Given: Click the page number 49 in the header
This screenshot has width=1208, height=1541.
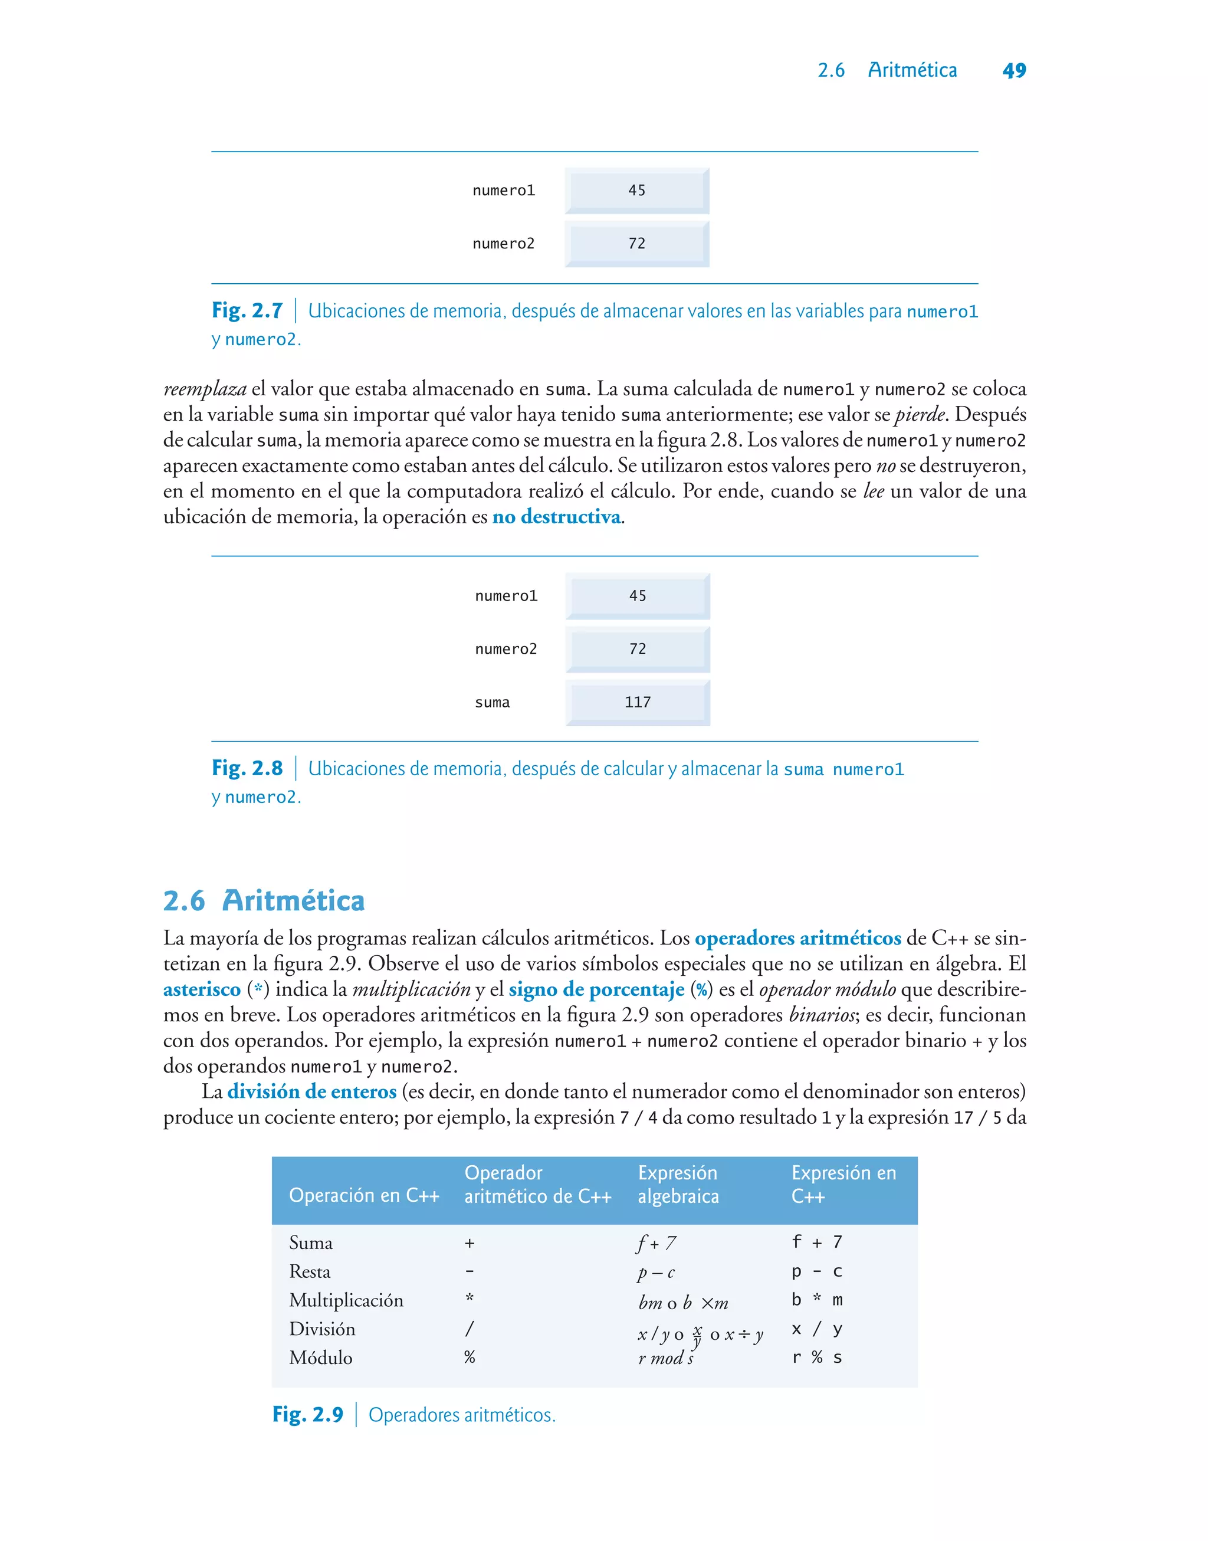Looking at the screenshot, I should [x=1013, y=71].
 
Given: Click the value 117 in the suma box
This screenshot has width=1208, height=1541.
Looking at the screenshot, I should [x=637, y=702].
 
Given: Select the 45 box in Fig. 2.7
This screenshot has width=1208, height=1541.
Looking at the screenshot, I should [x=636, y=190].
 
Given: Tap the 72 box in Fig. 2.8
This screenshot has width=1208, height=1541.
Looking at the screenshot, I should [x=637, y=649].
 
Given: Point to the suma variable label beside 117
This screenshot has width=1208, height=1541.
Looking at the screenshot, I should [x=493, y=702].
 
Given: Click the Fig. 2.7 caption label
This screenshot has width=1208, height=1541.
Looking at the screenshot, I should [x=247, y=310].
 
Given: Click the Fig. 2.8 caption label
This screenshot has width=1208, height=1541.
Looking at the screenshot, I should [x=247, y=768].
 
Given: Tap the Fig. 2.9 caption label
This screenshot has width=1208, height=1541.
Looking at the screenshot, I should [x=308, y=1414].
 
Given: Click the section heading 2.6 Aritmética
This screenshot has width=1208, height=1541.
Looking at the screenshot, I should [x=264, y=901].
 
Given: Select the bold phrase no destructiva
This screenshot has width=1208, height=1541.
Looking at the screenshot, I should [x=557, y=517].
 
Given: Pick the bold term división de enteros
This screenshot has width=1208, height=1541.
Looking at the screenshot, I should [x=311, y=1092].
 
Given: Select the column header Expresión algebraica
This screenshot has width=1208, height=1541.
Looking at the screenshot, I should [x=678, y=1185].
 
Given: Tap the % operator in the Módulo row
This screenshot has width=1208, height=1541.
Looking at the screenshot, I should [x=470, y=1357].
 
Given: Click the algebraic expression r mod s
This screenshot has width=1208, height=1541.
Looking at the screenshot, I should [x=665, y=1358].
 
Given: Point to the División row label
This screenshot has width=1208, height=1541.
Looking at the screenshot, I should [x=322, y=1329].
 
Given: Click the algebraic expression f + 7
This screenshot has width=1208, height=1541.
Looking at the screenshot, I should [x=656, y=1243].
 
